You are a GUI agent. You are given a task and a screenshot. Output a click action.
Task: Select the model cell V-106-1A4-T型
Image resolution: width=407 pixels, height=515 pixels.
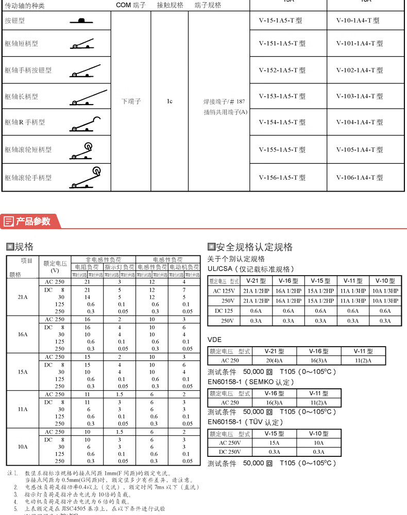click(360, 178)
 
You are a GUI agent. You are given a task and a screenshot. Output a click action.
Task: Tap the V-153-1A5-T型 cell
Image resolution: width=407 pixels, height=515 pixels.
click(282, 96)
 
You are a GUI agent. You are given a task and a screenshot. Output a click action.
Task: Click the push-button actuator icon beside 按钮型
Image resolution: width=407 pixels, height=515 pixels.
click(81, 21)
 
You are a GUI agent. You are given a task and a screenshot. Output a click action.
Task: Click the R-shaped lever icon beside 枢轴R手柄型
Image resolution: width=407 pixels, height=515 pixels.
click(86, 123)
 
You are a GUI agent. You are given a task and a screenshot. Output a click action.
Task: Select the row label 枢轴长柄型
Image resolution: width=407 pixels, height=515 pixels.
click(22, 96)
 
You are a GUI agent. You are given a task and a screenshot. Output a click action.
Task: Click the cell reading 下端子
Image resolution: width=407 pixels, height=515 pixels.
click(131, 101)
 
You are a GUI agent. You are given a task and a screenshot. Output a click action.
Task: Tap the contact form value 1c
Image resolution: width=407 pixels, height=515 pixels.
click(169, 101)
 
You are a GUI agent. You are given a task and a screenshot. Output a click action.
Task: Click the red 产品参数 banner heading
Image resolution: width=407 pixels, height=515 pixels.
click(33, 221)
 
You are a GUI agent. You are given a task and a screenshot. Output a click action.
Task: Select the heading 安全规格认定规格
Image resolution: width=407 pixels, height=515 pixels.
click(254, 247)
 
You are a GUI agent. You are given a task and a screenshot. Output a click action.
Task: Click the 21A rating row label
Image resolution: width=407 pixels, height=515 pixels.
click(22, 297)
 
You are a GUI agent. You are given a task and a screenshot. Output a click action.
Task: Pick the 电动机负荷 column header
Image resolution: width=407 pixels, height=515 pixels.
click(184, 268)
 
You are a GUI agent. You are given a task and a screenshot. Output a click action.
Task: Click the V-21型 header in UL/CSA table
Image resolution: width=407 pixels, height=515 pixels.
click(256, 281)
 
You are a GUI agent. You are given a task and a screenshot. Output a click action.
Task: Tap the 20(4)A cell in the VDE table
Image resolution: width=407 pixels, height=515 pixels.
click(276, 360)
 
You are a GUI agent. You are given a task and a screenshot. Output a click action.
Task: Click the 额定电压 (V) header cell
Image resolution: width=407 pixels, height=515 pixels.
click(54, 266)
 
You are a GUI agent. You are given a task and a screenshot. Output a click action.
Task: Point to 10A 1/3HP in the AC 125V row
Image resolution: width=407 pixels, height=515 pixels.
click(385, 290)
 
